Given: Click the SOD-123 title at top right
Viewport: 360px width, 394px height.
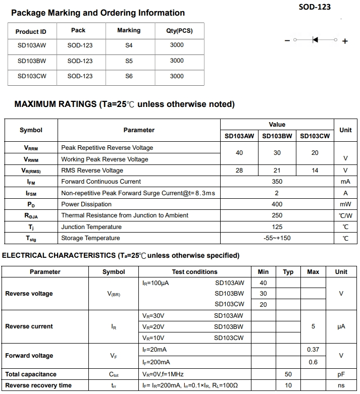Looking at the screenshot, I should (315, 7).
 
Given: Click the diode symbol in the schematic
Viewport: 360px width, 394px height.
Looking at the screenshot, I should (316, 40).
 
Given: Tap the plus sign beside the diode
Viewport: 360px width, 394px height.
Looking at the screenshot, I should (345, 41).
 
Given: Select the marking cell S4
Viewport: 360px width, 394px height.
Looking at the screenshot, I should (129, 45).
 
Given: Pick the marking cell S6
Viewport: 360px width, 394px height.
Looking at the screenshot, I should (129, 76).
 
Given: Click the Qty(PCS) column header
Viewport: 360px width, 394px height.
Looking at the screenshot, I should (179, 31).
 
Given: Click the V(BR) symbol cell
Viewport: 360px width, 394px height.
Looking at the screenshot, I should (114, 294).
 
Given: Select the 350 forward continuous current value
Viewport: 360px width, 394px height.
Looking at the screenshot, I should (277, 182).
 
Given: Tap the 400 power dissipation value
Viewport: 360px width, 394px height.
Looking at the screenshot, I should (277, 204).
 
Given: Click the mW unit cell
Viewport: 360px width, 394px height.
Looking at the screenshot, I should (345, 204).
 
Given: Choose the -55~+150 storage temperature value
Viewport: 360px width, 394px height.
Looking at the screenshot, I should (277, 238).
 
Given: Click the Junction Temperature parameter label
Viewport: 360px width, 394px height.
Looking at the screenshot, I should (91, 227).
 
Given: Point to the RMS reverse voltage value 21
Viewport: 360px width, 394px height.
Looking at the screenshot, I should (277, 171).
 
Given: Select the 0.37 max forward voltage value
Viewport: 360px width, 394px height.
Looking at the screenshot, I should (313, 350).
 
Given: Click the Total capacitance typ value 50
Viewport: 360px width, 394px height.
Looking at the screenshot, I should (288, 374).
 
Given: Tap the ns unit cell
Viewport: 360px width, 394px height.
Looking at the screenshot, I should (341, 385).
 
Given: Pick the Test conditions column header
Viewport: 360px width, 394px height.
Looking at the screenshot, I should (195, 272).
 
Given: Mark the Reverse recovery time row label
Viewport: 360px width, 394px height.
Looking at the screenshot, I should (38, 385).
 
